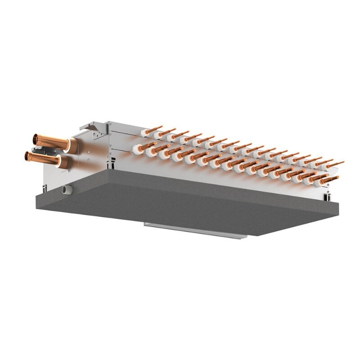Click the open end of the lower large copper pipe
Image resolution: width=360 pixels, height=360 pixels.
click(28, 156)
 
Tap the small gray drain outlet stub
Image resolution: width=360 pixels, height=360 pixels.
click(67, 189)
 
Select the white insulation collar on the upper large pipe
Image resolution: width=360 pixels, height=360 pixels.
click(72, 145)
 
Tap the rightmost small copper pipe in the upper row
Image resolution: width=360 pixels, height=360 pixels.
click(335, 163)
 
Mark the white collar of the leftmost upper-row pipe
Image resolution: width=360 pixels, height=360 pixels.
click(144, 133)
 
